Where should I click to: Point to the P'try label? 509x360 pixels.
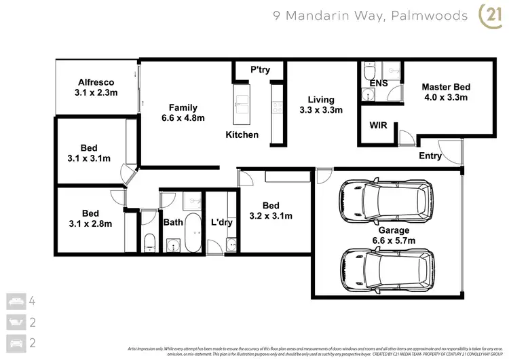point(261,69)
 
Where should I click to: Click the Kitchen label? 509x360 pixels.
point(242,134)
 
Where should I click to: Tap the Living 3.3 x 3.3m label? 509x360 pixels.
point(321,104)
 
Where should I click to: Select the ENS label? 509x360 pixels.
point(379,84)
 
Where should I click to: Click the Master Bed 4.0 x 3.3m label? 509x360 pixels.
point(445,92)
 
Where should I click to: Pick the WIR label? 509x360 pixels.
point(378,126)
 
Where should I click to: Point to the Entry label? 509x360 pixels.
point(430,156)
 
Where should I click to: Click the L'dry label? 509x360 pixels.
point(222,222)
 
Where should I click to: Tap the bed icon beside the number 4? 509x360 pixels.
point(14,300)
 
